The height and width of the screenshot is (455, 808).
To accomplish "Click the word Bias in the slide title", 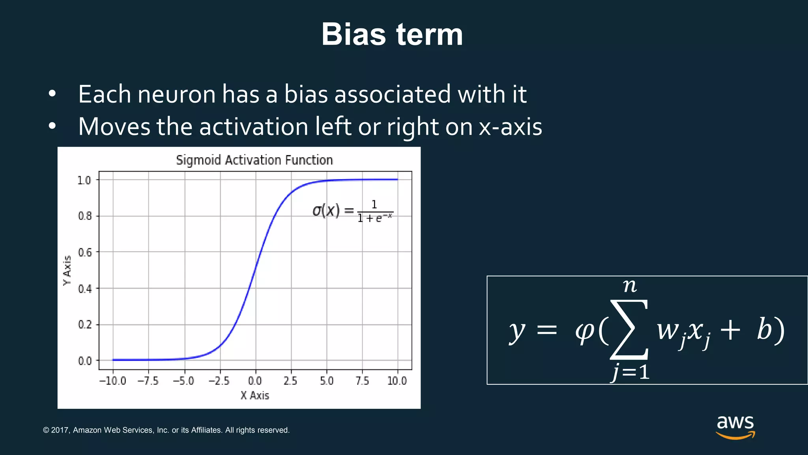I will [353, 34].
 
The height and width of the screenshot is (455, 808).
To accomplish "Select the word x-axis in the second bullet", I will [510, 127].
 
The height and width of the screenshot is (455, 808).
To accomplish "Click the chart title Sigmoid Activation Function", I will [254, 160].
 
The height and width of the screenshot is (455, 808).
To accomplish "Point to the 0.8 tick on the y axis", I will [85, 216].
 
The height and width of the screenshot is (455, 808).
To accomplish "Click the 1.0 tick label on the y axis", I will [84, 180].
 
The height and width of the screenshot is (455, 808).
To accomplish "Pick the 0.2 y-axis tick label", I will [85, 325].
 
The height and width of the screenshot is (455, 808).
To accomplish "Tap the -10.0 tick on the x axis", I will [112, 381].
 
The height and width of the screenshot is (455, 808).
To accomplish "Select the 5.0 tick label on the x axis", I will [327, 381].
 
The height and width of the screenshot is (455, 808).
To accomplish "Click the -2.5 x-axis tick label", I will [219, 381].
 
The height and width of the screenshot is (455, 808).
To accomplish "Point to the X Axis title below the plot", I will [254, 395].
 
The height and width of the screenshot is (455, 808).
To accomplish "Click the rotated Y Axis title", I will [67, 270].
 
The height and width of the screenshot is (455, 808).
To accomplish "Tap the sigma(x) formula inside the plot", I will [352, 211].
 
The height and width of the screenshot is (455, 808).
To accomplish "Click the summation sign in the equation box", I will [629, 329].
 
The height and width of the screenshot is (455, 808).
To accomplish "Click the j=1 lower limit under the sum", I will [630, 372].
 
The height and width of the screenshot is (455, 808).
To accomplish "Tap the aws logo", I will [735, 427].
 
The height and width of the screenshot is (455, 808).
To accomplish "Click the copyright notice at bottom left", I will [166, 430].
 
